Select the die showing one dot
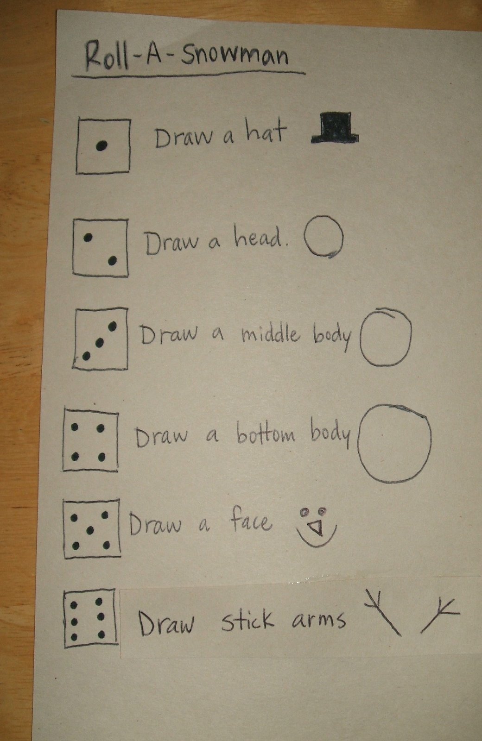tap(103, 145)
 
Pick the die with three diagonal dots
tap(100, 339)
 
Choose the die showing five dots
tap(92, 528)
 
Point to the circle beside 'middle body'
tap(386, 337)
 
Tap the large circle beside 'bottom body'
tap(394, 443)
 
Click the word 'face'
tap(250, 522)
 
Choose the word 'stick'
tap(247, 620)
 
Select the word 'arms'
tap(319, 620)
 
